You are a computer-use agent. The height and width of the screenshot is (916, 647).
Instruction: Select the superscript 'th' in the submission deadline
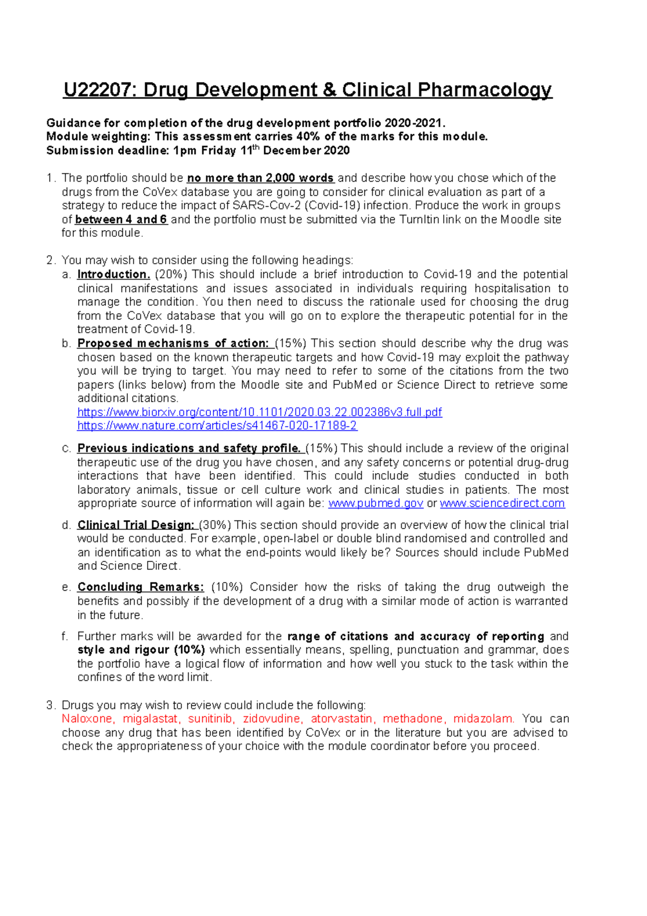point(257,147)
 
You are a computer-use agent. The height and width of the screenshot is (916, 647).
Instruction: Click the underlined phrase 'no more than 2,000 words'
point(260,178)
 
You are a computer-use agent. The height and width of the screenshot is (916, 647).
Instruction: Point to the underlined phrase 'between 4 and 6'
point(121,220)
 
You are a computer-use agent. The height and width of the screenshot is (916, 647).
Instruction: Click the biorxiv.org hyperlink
point(259,412)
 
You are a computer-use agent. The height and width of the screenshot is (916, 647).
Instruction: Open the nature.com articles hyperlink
point(217,426)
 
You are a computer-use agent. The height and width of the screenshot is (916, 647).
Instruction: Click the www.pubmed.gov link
point(375,503)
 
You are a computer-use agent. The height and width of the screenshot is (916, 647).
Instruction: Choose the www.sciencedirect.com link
point(502,503)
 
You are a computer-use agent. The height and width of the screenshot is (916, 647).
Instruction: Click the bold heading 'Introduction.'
point(113,274)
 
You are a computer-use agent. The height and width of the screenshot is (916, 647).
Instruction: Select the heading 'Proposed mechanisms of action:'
point(173,343)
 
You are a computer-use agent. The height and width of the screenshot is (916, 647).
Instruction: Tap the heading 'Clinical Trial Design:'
point(135,525)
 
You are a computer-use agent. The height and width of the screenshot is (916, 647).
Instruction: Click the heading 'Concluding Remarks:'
point(141,587)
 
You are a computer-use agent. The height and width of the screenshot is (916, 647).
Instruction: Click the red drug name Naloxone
point(87,719)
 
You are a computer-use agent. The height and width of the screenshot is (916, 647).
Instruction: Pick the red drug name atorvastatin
point(341,719)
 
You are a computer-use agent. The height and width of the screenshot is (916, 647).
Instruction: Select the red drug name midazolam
point(484,719)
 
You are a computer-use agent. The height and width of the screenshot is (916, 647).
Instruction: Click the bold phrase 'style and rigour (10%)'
point(141,650)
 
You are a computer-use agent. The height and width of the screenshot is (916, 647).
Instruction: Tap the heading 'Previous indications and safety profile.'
point(189,448)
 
